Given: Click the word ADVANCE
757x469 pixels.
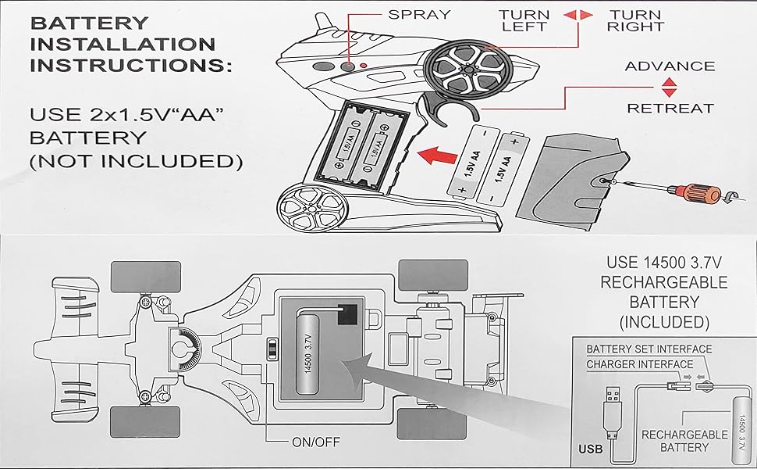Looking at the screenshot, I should (x=670, y=66).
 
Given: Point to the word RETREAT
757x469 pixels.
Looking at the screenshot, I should (x=670, y=109).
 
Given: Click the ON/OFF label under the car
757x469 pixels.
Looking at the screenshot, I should (x=316, y=442).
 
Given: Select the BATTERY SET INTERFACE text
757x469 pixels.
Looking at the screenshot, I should (x=649, y=349).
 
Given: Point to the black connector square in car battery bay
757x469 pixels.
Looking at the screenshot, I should (x=347, y=313).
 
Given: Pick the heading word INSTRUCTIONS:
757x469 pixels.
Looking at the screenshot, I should (x=130, y=64).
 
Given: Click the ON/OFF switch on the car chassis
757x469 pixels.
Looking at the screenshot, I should (x=272, y=349).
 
